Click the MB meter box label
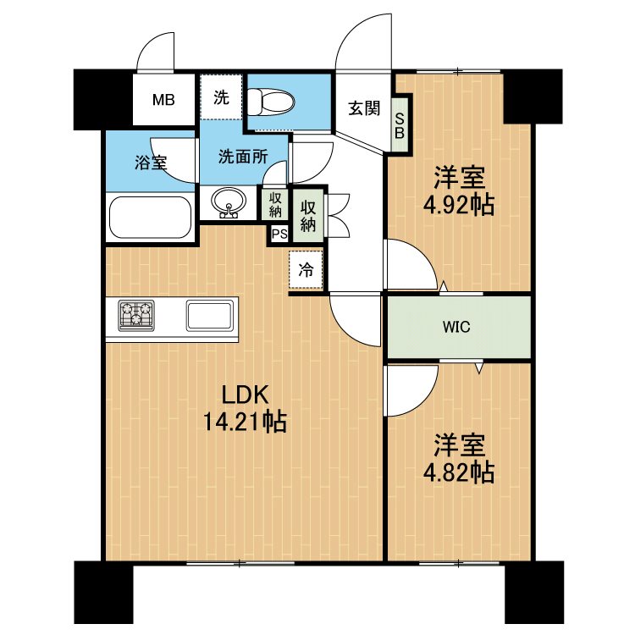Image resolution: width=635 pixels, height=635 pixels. coord(163,100)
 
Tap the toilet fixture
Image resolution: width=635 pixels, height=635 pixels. coord(271,102)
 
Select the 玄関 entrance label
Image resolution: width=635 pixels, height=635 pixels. coord(364,108)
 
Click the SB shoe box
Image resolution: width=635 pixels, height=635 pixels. coord(400,125)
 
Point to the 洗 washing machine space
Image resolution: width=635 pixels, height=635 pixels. coord(222,97)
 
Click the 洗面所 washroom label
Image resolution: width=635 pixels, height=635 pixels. coord(243,157)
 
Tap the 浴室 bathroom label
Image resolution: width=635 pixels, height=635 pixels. coord(151,163)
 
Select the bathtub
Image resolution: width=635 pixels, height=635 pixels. coord(151,218)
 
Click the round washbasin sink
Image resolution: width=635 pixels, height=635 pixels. coord(229,202)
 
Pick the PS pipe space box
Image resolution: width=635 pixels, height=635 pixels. coord(279,234)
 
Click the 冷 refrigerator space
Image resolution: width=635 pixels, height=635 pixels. coord(306,270)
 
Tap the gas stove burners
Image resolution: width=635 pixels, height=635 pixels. coord(136,315)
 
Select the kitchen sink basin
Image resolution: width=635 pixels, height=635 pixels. coord(210,315)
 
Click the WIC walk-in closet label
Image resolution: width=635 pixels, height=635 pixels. coord(456,327)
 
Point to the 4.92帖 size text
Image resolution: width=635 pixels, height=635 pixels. coord(458,206)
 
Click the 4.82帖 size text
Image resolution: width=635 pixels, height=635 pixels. coord(458,472)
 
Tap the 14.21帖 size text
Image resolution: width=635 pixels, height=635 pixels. coord(245,422)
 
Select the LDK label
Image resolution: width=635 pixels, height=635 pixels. coord(245,394)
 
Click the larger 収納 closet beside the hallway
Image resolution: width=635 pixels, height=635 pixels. coord(308,216)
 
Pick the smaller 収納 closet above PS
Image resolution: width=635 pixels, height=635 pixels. coord(275,205)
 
